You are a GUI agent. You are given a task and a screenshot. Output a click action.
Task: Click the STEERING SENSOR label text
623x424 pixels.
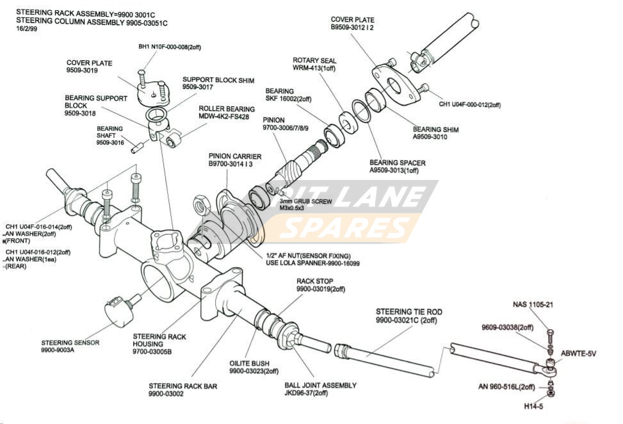point(70,343)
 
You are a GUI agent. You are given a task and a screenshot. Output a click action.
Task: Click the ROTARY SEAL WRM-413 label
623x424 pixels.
point(314,64)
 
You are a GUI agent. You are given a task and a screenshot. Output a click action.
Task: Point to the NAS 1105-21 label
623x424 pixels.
point(533,305)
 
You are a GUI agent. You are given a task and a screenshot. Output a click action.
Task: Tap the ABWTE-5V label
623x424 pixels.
point(578,354)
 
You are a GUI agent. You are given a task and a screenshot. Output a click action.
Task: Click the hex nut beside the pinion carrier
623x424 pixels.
point(201,205)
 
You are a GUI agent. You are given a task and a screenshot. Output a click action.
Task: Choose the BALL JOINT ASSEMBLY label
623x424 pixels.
point(320,389)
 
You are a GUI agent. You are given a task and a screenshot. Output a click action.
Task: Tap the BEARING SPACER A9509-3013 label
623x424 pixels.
point(397,167)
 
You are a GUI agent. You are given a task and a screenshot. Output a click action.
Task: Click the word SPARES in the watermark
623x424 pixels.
point(346,227)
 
